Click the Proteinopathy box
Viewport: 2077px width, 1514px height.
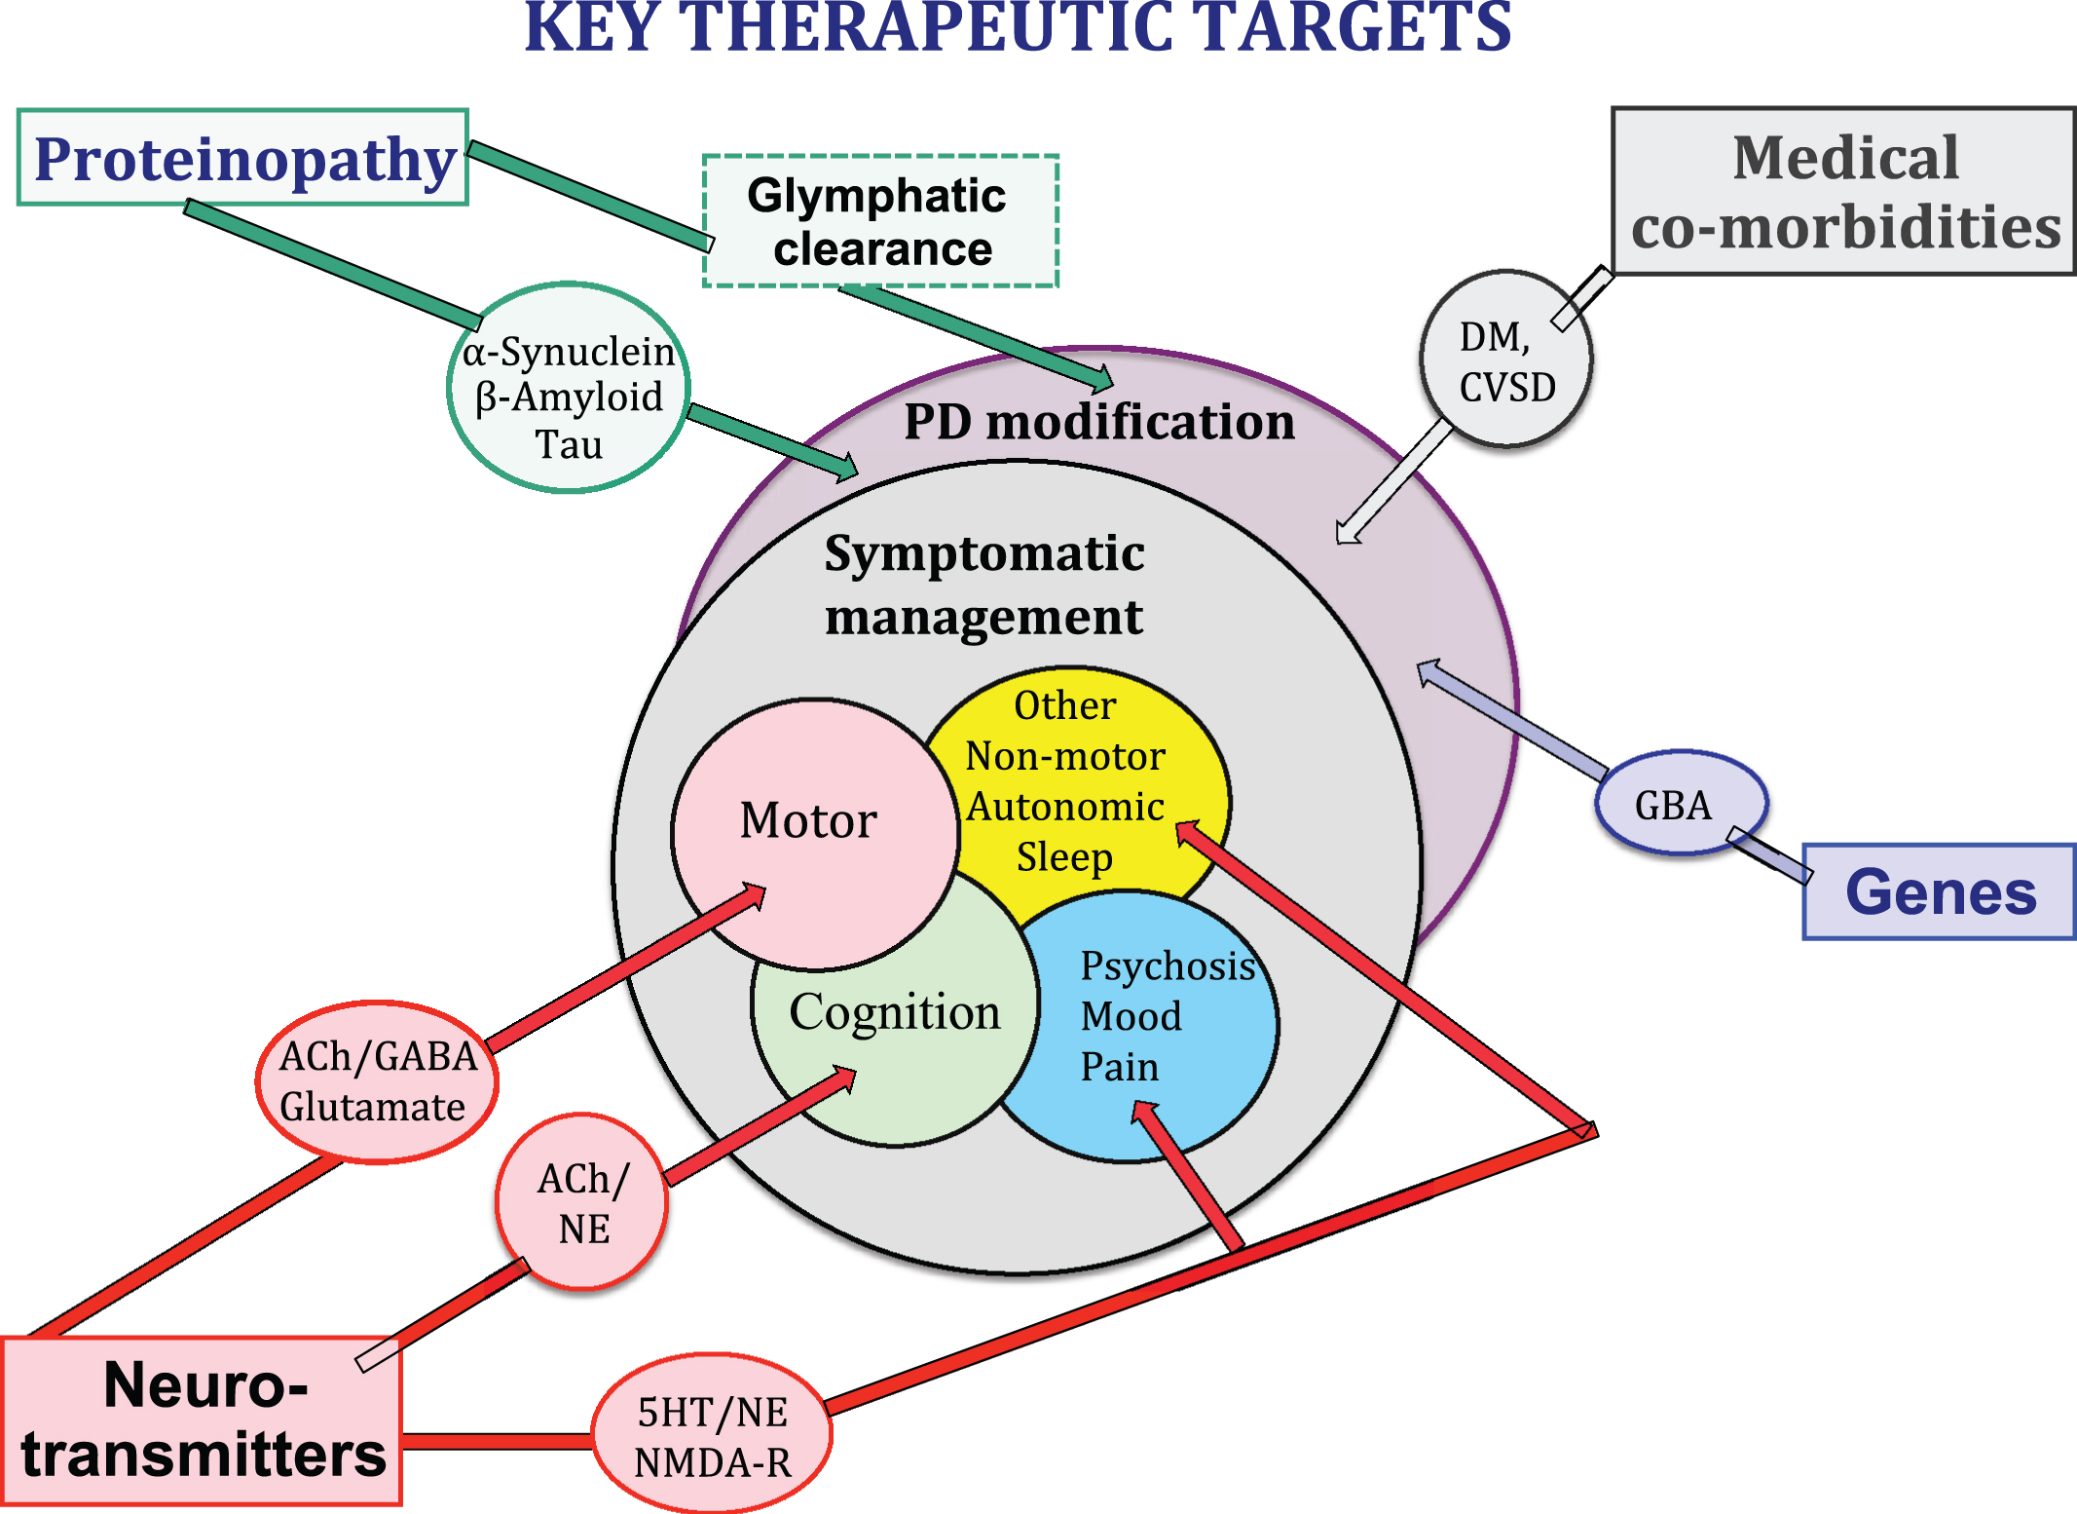242,157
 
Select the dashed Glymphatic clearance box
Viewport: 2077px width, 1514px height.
880,221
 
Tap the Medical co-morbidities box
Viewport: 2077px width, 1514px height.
1843,191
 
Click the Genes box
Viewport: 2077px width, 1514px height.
1940,891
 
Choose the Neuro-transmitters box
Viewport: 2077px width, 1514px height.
202,1420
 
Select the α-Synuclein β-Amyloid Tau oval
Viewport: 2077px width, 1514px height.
569,388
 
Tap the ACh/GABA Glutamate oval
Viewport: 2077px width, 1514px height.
377,1081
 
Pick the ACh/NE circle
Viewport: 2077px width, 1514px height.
582,1202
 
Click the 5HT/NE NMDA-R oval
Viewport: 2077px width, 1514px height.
712,1433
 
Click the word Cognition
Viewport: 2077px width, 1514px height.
895,1013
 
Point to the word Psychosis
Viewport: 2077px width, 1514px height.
1168,966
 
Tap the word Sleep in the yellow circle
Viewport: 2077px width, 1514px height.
1064,857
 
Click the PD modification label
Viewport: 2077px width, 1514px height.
1099,422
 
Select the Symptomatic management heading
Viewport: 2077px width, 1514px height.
984,585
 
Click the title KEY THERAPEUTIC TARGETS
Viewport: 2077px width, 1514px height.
1018,27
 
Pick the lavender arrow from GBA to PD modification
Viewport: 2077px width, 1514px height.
1512,719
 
